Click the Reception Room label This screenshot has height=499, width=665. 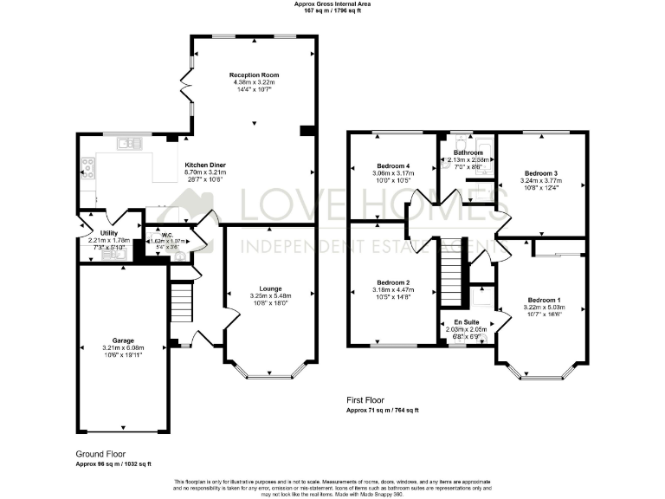(x=254, y=75)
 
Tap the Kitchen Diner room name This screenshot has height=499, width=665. (x=204, y=165)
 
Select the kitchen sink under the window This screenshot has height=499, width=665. (x=130, y=143)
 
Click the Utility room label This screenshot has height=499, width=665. (x=108, y=233)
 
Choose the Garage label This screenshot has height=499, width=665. (x=122, y=340)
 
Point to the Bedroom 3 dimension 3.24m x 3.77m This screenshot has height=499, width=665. (x=540, y=181)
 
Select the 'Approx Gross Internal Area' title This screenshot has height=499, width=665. (x=332, y=4)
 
